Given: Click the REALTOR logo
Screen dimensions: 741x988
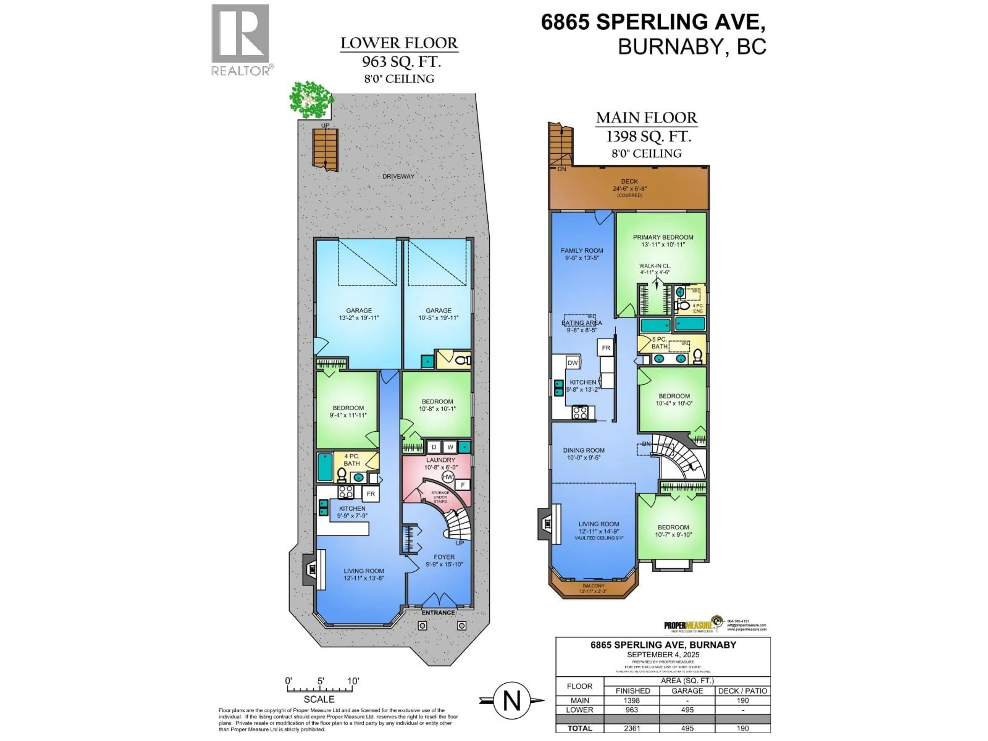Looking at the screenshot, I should (x=240, y=39).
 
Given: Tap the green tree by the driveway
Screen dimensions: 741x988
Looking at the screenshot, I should (x=311, y=99).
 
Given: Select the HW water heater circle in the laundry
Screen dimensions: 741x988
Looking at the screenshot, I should (x=447, y=477).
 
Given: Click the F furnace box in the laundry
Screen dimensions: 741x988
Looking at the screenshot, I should (x=463, y=485).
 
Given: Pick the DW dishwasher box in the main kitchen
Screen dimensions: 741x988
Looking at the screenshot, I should (x=573, y=363).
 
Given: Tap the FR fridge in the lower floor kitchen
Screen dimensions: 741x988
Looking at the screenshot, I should (x=371, y=494).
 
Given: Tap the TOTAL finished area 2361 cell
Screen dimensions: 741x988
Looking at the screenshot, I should (x=632, y=728).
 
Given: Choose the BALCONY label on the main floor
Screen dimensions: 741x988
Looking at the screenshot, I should (x=593, y=586).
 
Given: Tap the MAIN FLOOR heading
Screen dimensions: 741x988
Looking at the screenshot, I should (x=646, y=118).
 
